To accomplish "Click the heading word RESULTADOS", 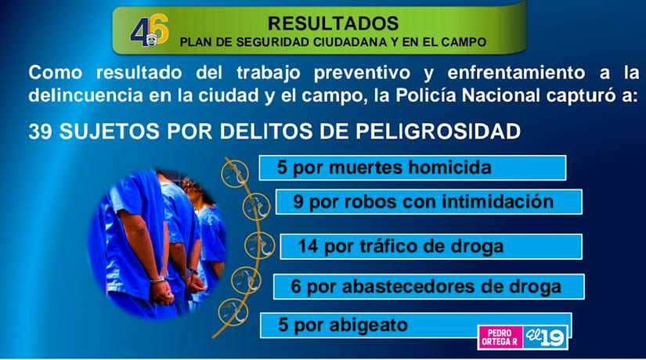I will [333, 23].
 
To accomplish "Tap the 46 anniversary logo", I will [150, 31].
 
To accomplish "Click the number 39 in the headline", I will [42, 131].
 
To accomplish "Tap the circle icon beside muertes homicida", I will [231, 171].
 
